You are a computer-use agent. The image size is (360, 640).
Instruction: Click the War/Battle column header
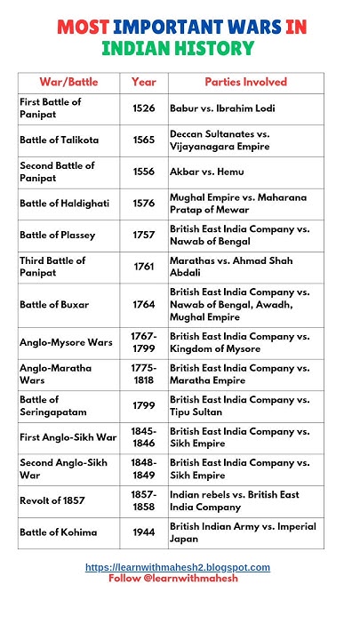68,82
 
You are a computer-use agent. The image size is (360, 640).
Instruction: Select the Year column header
143,82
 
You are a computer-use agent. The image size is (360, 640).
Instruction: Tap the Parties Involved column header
245,82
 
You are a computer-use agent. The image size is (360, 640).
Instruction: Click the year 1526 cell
143,108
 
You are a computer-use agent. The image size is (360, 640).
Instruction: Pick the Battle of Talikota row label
60,140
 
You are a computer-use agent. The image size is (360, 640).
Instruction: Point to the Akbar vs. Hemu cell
206,172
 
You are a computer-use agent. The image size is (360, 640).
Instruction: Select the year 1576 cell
143,204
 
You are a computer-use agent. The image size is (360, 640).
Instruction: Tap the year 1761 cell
143,267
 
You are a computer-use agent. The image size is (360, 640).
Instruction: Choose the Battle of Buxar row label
54,304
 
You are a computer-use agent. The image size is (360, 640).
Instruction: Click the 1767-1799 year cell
143,342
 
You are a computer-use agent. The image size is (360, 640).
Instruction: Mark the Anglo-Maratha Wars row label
52,374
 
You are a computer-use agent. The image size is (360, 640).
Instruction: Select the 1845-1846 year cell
143,437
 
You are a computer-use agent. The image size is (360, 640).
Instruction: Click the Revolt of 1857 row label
53,500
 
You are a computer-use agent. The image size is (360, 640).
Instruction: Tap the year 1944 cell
143,532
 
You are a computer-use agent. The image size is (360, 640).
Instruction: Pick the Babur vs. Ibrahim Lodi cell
222,108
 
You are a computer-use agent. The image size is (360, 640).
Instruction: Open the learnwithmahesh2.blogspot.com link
178,567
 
